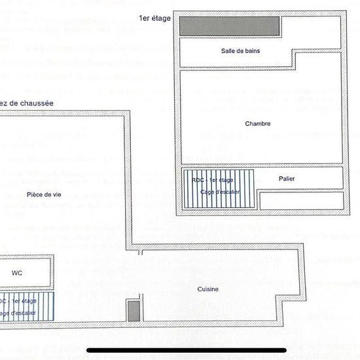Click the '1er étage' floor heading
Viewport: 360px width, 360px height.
click(155, 18)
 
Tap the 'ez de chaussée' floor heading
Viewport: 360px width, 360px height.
click(27, 103)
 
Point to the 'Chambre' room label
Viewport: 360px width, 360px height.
click(258, 124)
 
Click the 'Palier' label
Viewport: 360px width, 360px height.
click(286, 178)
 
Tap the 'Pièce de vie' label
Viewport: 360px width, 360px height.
click(44, 194)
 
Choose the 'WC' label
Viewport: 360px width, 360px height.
click(17, 273)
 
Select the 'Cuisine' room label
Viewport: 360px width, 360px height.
click(208, 289)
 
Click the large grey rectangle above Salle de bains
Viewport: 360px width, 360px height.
click(230, 26)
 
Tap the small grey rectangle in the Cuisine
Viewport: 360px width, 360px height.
click(133, 310)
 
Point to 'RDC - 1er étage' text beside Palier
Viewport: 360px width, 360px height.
click(212, 180)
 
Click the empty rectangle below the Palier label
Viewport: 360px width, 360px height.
click(301, 200)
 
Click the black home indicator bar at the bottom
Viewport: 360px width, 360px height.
click(179, 350)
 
